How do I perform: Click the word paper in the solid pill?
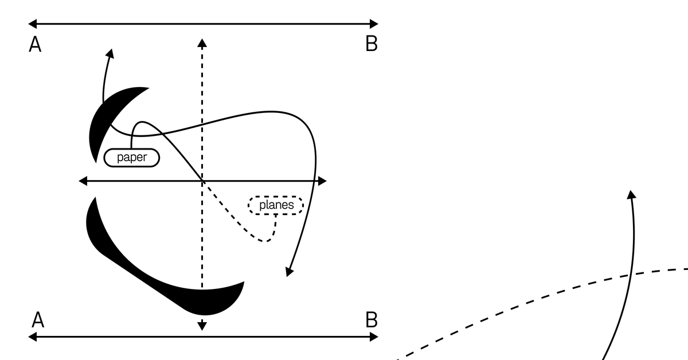pos(132,158)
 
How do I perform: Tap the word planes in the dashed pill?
pos(276,205)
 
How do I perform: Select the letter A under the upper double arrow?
pos(35,44)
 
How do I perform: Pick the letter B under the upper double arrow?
pos(372,44)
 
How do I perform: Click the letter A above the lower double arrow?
pos(38,319)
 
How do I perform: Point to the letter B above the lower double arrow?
pos(372,319)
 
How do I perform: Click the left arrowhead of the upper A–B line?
pos(32,24)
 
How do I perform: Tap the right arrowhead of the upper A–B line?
pos(374,24)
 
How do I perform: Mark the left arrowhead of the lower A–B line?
pos(32,337)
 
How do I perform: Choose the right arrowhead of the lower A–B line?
pos(374,337)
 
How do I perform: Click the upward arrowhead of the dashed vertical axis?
pos(202,43)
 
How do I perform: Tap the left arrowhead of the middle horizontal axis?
pos(83,181)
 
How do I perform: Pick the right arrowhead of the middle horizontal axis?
pos(322,181)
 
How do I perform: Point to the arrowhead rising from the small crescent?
pos(110,53)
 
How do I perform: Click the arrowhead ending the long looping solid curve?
pos(289,272)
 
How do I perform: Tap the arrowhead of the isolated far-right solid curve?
pos(631,194)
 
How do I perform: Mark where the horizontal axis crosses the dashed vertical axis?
pos(202,181)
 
